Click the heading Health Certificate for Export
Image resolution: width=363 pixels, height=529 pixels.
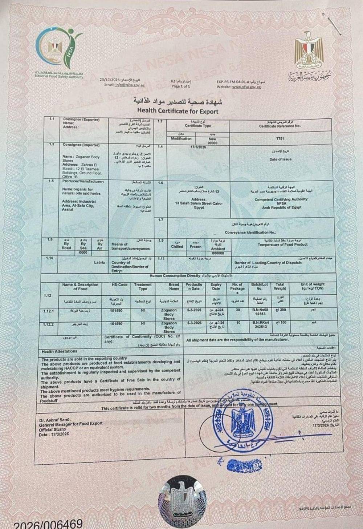coord(178,111)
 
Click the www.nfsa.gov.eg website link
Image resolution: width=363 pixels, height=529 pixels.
coord(247,87)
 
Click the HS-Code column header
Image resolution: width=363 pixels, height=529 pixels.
coord(120,285)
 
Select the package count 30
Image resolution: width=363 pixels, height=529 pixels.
coord(238,311)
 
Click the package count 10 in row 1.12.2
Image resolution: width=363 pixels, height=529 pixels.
coord(238,323)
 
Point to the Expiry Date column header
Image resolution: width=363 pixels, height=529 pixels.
coord(216,287)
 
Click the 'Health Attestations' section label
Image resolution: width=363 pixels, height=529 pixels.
coord(59,351)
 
